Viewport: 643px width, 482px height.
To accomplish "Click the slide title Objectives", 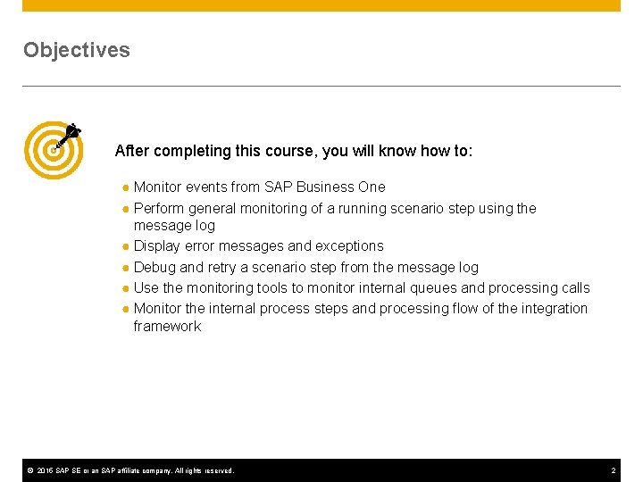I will click(x=77, y=50).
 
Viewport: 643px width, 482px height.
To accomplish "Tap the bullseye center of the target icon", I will click(x=53, y=149).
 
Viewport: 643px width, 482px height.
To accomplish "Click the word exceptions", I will click(x=349, y=245).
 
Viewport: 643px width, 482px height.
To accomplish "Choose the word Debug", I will click(x=155, y=267).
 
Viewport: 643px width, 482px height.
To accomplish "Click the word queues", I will click(x=485, y=287).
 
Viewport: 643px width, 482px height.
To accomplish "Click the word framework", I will click(x=167, y=326).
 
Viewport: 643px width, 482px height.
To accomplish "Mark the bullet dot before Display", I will click(x=127, y=246).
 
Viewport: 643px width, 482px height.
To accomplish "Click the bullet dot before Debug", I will click(x=127, y=268).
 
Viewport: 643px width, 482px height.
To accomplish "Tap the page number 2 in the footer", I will click(x=614, y=470).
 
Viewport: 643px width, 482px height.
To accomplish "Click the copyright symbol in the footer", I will click(x=29, y=470).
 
